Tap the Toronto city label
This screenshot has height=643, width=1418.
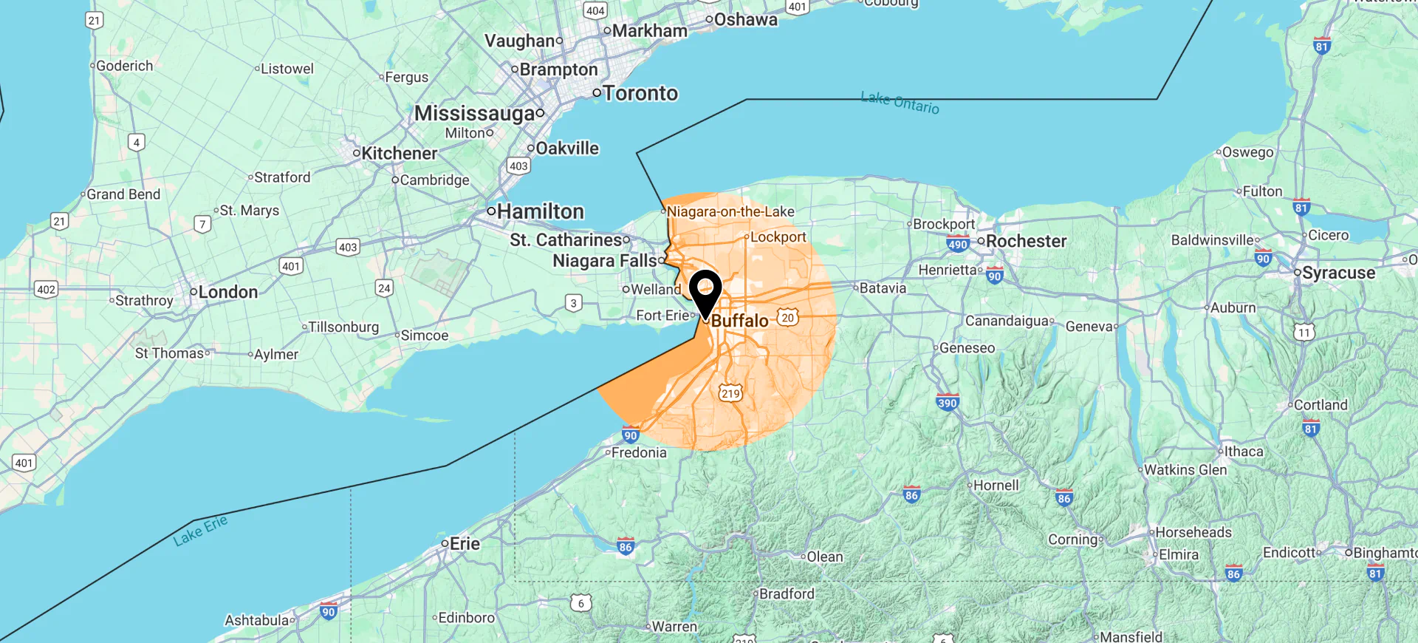coord(640,93)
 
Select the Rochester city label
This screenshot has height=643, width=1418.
coord(1026,241)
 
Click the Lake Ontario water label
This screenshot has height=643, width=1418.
coord(900,103)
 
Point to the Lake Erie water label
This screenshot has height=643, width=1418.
coord(200,531)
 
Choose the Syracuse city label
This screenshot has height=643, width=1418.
coord(1338,273)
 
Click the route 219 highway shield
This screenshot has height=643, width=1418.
coord(730,393)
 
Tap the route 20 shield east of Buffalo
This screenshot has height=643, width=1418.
coord(788,318)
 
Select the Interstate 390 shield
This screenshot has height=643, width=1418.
coord(948,403)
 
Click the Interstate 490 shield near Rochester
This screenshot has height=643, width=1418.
coord(957,245)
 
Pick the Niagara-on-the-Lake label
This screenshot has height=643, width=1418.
coord(730,211)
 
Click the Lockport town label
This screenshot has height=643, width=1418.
coord(778,237)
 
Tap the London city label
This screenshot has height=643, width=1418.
coord(227,292)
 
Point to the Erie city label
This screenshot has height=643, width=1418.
coord(465,544)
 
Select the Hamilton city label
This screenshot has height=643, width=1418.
coord(540,211)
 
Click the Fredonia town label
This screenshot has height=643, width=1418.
coord(638,452)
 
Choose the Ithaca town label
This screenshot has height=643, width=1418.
coord(1243,451)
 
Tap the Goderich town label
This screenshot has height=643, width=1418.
coord(124,66)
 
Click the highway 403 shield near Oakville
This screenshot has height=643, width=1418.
coord(518,166)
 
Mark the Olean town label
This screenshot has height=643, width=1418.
coord(824,557)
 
